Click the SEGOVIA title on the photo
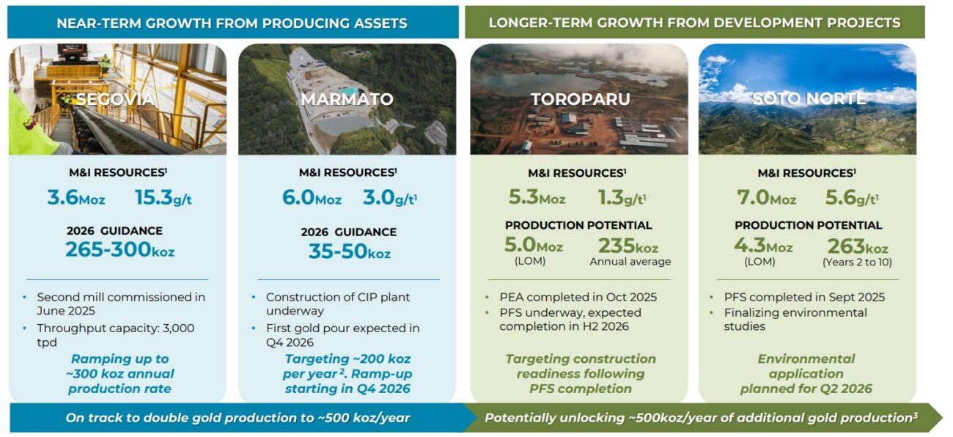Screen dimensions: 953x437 pyautogui.click(x=115, y=99)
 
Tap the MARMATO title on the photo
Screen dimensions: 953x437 pyautogui.click(x=347, y=99)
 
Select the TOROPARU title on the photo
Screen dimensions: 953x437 pyautogui.click(x=581, y=99)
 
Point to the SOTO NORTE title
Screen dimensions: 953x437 pyautogui.click(x=809, y=99)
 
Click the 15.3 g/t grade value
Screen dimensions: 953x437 pyautogui.click(x=163, y=197)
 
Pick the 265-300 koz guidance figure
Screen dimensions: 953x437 pyautogui.click(x=120, y=249)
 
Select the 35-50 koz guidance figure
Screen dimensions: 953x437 pyautogui.click(x=349, y=251)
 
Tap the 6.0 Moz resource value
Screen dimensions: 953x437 pyautogui.click(x=312, y=197)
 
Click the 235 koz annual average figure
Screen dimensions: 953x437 pyautogui.click(x=628, y=246)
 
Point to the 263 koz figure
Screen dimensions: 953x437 pyautogui.click(x=858, y=246)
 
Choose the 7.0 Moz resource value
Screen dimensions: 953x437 pyautogui.click(x=766, y=197)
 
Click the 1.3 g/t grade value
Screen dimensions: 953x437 pyautogui.click(x=622, y=197)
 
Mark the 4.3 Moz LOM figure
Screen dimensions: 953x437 pyautogui.click(x=763, y=246)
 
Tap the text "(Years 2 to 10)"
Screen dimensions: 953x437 pyautogui.click(x=857, y=262)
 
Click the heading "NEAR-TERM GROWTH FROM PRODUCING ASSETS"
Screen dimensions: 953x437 pyautogui.click(x=232, y=23)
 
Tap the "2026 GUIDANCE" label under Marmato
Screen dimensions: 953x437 pyautogui.click(x=348, y=232)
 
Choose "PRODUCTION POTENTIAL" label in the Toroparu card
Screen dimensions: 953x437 pyautogui.click(x=578, y=225)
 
